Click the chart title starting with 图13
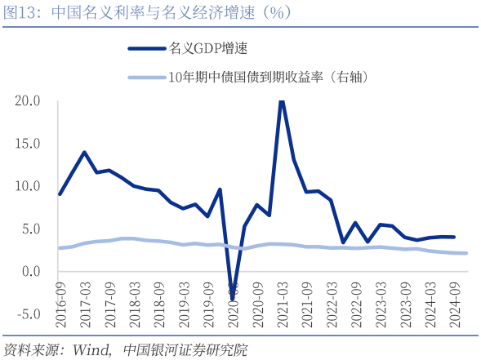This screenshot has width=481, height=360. pos(147,12)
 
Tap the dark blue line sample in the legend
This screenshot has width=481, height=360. pos(146,48)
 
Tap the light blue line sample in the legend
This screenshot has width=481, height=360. pos(146,78)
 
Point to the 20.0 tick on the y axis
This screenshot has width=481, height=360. pos(27,101)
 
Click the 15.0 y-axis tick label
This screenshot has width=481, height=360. pos(27,144)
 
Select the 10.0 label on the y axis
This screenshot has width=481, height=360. pos(27,186)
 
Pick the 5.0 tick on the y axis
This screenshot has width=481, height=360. pos(30,229)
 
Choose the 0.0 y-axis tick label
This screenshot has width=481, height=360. pos(30,271)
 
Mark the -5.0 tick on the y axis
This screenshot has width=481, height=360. pos(29,313)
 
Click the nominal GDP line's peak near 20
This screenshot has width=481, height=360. pos(282,101)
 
